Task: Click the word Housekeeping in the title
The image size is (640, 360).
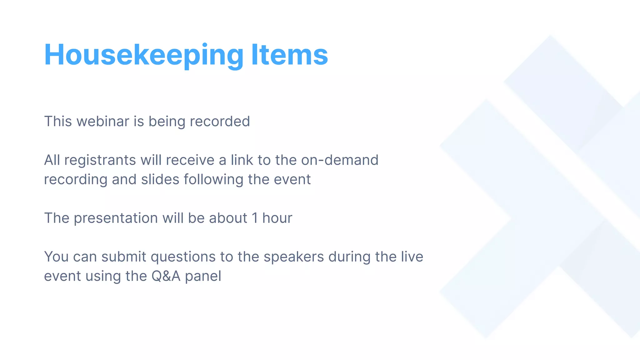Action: (x=144, y=55)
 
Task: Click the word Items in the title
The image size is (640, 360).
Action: (x=289, y=55)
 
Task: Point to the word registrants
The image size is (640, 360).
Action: (x=100, y=160)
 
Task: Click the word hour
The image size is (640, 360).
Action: (x=277, y=218)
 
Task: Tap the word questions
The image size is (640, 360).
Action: (x=183, y=257)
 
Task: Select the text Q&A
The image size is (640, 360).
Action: (x=166, y=276)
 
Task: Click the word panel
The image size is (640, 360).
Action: (x=203, y=276)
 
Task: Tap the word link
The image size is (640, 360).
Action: (x=242, y=160)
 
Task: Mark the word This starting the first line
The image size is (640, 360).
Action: (x=58, y=121)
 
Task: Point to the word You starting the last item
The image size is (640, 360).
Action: (x=56, y=257)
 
